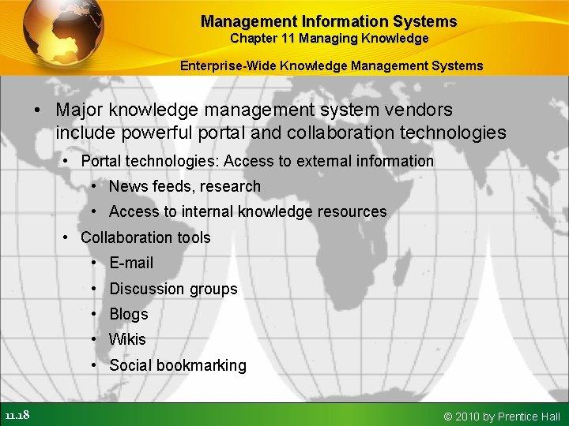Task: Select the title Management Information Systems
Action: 329,21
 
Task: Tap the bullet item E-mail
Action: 131,263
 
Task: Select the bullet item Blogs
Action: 129,314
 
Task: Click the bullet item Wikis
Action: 127,339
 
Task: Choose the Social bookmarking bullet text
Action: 178,365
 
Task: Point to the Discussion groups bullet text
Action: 173,289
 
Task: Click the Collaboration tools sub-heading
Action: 145,237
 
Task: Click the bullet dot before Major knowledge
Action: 37,110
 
